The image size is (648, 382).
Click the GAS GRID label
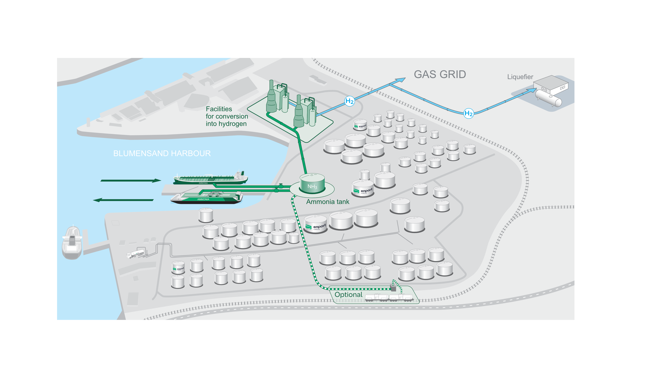click(x=440, y=74)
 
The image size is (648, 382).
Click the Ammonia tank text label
click(x=327, y=202)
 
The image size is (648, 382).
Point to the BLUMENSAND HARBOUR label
click(x=162, y=153)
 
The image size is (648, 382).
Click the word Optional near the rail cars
click(x=348, y=295)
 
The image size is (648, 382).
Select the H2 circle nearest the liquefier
click(x=468, y=113)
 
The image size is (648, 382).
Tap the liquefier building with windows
click(x=551, y=84)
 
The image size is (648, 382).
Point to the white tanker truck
click(x=135, y=254)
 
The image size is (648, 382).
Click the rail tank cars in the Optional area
click(x=389, y=298)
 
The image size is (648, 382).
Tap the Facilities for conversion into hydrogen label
click(x=226, y=116)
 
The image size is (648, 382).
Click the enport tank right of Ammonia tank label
click(x=362, y=188)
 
